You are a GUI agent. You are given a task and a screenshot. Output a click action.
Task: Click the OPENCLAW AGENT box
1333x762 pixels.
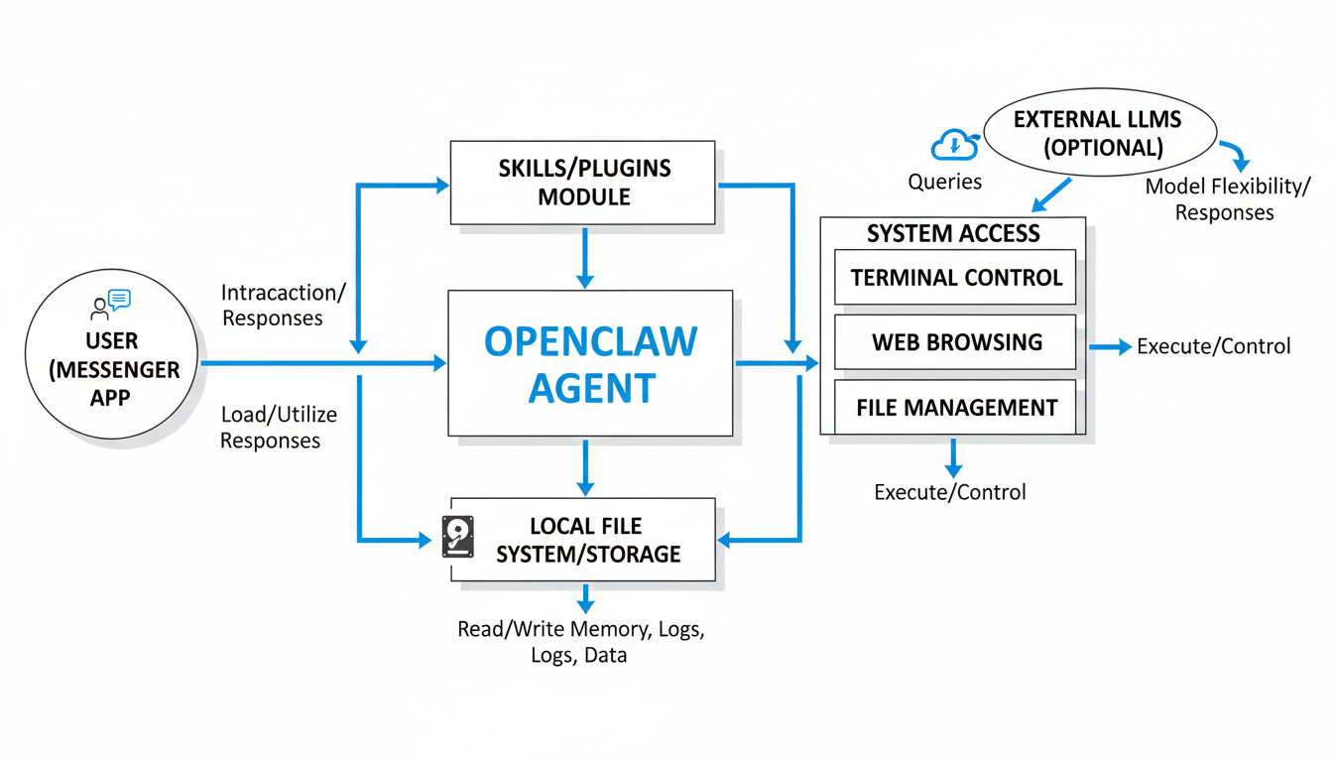(x=590, y=363)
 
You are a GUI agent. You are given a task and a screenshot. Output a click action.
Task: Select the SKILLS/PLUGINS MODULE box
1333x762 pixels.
(x=583, y=183)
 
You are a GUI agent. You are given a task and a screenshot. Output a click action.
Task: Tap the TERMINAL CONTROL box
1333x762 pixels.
(x=956, y=278)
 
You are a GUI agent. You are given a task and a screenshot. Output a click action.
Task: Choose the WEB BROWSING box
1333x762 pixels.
(x=956, y=342)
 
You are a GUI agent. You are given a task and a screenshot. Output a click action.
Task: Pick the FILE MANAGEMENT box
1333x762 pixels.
(x=956, y=407)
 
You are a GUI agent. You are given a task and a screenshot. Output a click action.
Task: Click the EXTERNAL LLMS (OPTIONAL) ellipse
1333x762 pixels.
(x=1097, y=135)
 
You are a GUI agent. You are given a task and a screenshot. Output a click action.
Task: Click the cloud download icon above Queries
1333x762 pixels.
(x=954, y=147)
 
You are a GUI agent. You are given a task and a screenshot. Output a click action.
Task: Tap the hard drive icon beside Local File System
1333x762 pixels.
(x=457, y=537)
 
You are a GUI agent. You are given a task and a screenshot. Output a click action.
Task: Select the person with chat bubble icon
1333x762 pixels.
(x=110, y=304)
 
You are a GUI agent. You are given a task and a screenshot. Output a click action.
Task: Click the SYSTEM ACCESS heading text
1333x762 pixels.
(x=953, y=234)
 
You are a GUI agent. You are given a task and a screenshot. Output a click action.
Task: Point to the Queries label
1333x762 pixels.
(x=945, y=182)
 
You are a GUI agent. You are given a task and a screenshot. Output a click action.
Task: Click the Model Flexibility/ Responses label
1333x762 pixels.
(x=1227, y=199)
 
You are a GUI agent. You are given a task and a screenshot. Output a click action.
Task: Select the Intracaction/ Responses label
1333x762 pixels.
(x=284, y=305)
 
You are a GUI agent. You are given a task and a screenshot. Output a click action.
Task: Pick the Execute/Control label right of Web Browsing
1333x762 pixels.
(x=1213, y=346)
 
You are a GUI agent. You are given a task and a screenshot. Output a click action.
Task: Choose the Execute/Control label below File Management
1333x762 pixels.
(x=949, y=492)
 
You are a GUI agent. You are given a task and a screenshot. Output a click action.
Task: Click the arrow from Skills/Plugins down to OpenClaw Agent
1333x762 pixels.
(x=585, y=258)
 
